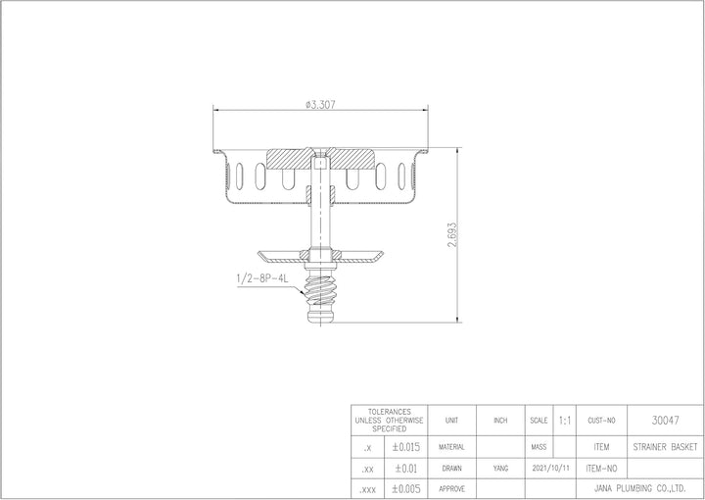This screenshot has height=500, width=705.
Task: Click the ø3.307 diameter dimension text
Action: pos(320,104)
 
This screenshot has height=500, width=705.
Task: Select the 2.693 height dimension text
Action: pos(451,234)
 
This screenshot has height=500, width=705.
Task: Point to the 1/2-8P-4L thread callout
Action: pos(262,279)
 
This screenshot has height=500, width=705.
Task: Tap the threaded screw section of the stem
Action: pos(320,290)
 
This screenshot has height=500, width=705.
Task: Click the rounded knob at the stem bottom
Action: pos(320,314)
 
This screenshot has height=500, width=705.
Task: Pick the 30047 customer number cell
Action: pos(665,421)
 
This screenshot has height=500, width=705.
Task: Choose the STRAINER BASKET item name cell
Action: pos(665,447)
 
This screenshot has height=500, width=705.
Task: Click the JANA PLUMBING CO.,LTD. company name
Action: pos(639,488)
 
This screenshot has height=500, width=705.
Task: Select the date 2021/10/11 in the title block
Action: pos(550,468)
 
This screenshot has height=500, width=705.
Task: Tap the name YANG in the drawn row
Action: pos(500,469)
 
